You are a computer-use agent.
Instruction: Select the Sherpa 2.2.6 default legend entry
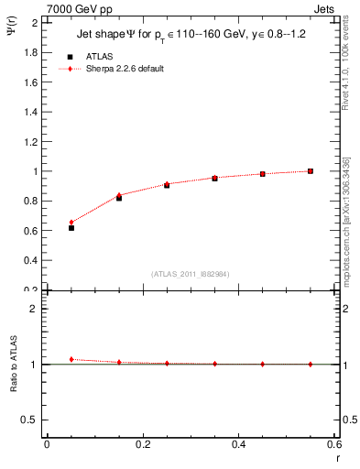(125, 69)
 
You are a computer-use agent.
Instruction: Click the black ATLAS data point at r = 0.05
(71, 227)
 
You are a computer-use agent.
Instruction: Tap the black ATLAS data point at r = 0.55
(311, 171)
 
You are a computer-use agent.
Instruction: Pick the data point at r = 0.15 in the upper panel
(119, 197)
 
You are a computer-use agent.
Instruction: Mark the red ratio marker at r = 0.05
(71, 359)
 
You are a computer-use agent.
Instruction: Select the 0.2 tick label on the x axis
(143, 443)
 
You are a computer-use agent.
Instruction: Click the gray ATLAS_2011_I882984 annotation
(191, 274)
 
